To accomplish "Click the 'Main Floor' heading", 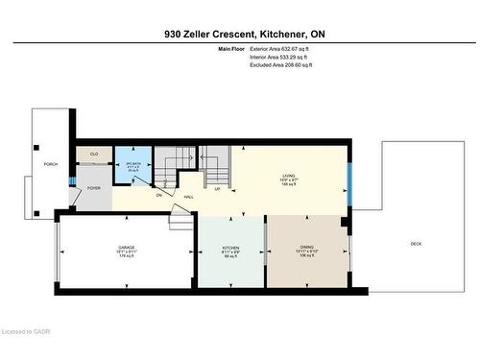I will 232,48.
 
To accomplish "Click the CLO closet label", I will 94,154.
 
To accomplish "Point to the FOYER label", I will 94,188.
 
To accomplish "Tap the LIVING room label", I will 288,177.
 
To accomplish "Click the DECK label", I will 416,244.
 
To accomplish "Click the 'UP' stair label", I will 217,188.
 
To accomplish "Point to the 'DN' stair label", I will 159,194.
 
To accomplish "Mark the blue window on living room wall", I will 349,184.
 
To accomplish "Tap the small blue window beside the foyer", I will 72,179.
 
